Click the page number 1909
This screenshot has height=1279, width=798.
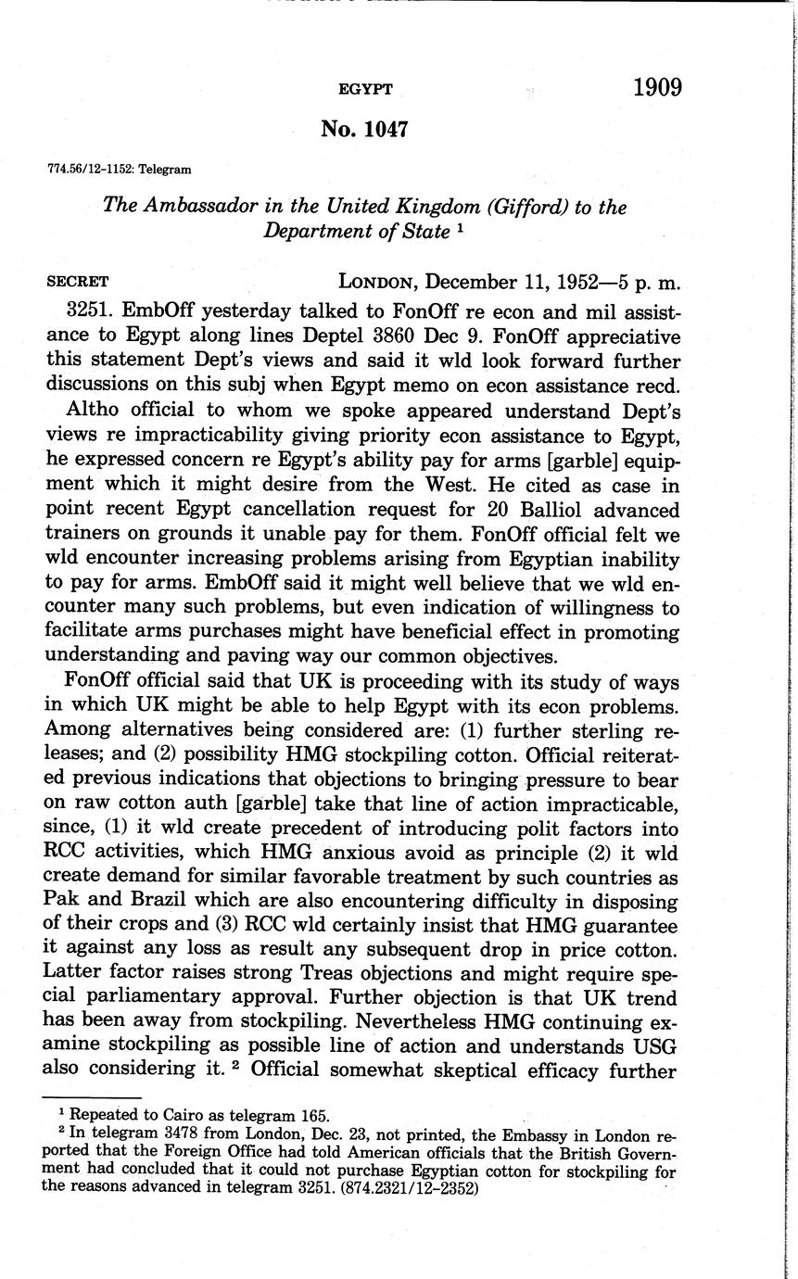(657, 88)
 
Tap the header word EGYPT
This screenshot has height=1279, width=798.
(365, 90)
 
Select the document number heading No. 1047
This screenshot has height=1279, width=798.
(364, 130)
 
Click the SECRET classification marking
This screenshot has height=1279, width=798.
(78, 282)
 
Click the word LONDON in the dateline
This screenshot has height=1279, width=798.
(377, 282)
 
